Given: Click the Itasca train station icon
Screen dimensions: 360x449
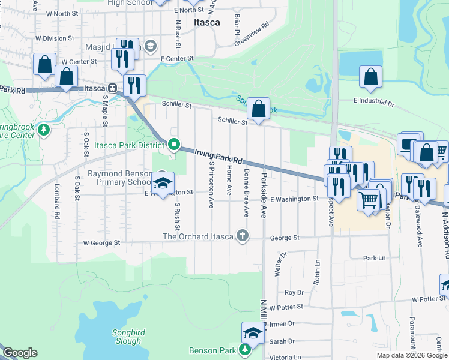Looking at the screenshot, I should (112, 88).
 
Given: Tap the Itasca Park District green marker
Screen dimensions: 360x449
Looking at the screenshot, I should (174, 145).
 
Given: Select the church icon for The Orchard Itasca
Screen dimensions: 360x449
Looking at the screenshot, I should (242, 235).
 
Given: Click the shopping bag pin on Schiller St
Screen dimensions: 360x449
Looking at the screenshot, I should (258, 109).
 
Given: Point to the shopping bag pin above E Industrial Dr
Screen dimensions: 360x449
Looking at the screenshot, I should (371, 77).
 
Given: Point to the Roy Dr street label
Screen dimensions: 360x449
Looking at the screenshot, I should (294, 292).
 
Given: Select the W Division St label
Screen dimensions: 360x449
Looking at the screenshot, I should (55, 38).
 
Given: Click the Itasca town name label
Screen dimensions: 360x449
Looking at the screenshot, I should (207, 22).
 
